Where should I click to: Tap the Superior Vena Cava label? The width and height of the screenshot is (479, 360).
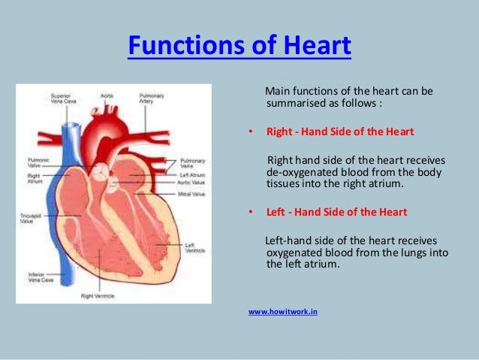pyautogui.click(x=61, y=98)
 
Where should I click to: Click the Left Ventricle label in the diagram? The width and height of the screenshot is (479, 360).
pyautogui.click(x=194, y=247)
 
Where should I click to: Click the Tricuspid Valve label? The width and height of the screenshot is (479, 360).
pyautogui.click(x=31, y=218)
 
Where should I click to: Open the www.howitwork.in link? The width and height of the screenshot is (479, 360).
pyautogui.click(x=282, y=310)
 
